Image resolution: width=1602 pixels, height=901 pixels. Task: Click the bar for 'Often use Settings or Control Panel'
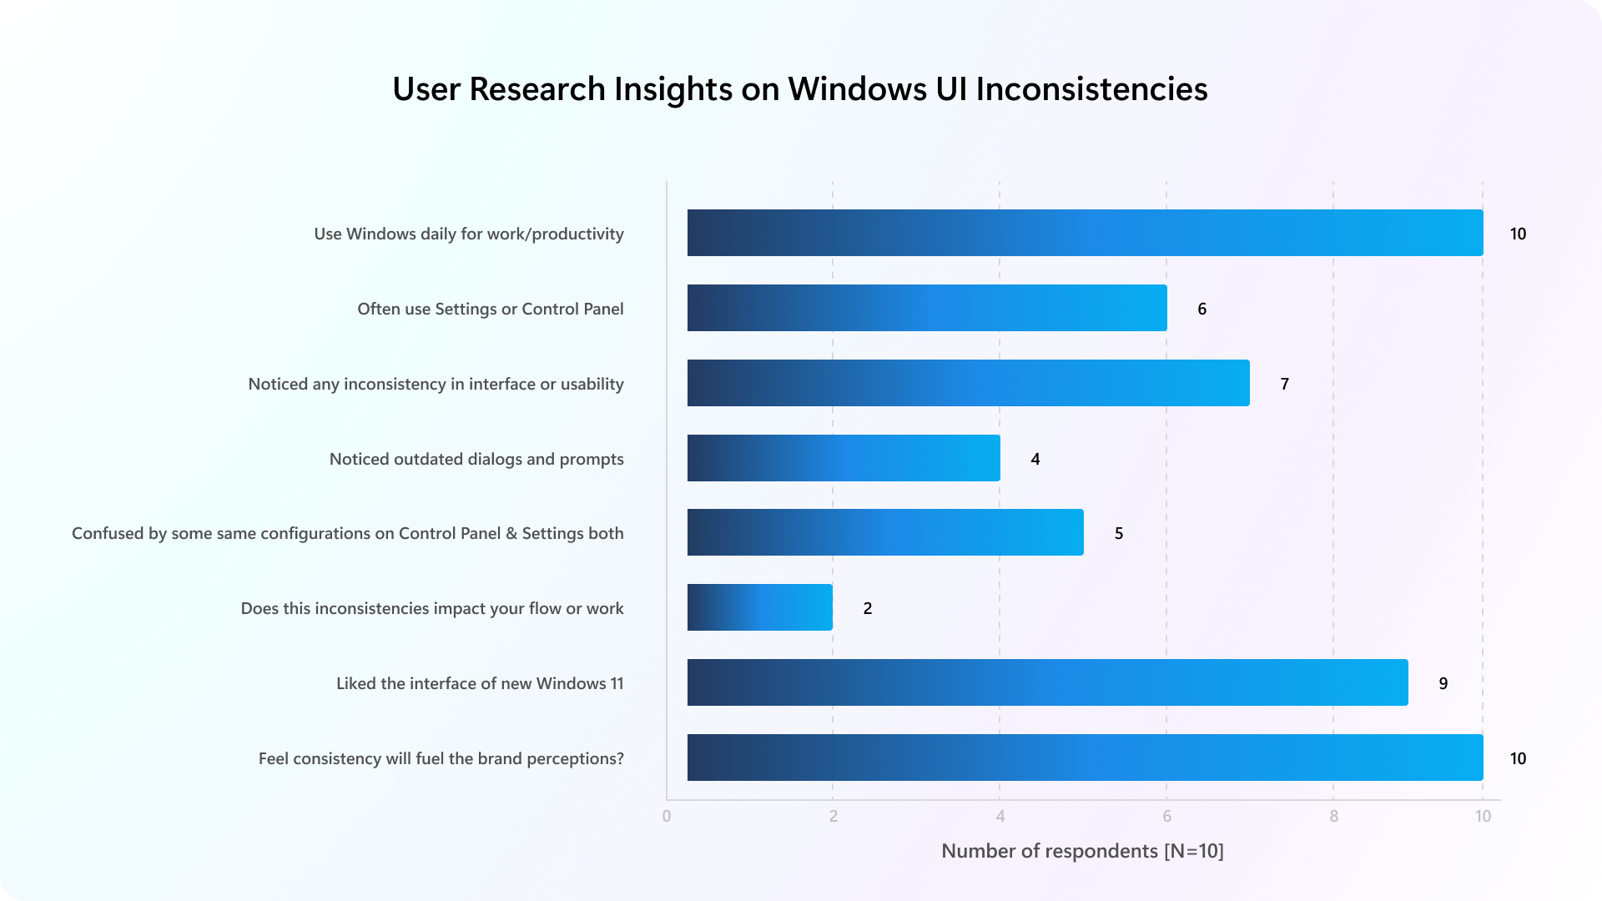926,308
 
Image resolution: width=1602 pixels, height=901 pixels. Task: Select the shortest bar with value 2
759,607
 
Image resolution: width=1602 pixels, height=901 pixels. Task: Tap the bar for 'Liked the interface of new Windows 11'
1047,682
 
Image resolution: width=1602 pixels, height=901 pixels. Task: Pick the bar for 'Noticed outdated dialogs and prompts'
843,458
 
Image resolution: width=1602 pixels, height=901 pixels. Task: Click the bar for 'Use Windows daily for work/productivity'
1085,233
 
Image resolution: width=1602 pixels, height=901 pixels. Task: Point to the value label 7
1285,384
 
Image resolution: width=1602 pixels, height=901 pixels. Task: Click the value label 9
1443,683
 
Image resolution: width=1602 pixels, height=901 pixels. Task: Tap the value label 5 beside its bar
1119,533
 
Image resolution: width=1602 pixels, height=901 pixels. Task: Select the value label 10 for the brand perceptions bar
1518,758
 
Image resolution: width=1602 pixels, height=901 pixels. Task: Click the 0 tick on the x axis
667,816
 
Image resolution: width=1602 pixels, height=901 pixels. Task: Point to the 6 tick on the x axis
1166,816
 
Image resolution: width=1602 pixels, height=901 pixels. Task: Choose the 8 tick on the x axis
1333,816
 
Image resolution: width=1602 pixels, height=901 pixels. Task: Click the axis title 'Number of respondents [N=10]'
1082,851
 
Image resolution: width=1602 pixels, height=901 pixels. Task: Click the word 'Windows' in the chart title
857,89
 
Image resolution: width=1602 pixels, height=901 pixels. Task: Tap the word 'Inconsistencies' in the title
1091,89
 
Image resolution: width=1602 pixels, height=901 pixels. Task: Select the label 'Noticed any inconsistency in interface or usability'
436,384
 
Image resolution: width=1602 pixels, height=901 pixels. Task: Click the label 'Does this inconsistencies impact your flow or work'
432,608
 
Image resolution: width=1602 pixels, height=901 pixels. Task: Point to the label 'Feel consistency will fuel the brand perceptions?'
441,758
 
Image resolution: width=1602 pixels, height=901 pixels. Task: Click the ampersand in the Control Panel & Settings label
511,533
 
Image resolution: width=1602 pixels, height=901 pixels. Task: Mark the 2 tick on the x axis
833,816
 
